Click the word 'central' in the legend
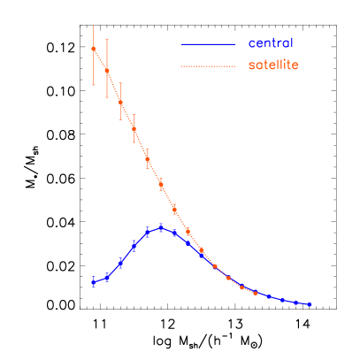pos(270,43)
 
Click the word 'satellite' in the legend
pos(273,65)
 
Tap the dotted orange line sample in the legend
pos(208,66)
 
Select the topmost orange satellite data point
pos(93,49)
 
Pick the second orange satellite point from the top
pos(107,70)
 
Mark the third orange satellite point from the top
pos(120,102)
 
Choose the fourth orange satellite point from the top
pos(134,128)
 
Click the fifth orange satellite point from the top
pos(147,158)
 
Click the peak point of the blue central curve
pos(161,227)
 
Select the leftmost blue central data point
pos(93,282)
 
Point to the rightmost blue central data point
pos(310,304)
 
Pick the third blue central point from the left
pos(120,263)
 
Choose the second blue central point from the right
pos(296,302)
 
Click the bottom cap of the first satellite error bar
pos(93,86)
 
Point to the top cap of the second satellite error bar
pos(107,39)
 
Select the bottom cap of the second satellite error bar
pos(107,99)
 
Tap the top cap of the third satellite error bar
pos(120,84)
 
